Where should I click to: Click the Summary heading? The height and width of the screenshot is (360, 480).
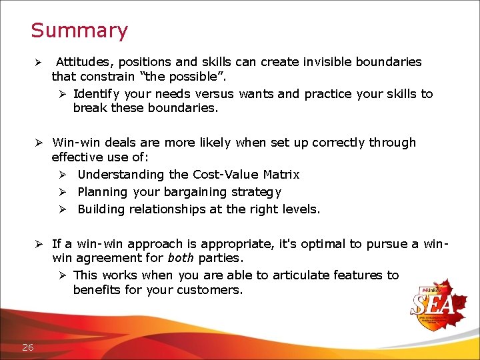point(79,31)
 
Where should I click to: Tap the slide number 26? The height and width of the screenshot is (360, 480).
point(27,346)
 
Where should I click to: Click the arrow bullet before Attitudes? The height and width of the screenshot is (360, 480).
point(39,63)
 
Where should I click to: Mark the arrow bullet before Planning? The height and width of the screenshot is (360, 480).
point(61,192)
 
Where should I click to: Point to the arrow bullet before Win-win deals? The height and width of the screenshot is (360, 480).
point(39,143)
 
